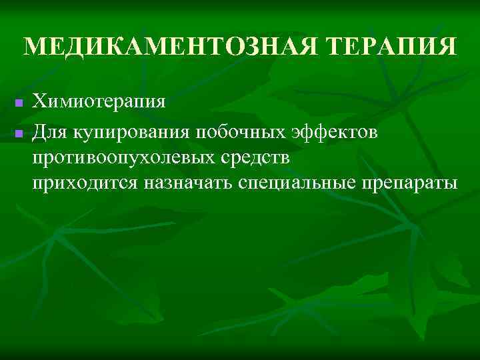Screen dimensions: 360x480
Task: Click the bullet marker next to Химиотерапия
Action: click(x=19, y=104)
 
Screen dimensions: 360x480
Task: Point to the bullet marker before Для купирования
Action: click(x=19, y=135)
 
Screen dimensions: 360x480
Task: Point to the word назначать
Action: click(x=186, y=185)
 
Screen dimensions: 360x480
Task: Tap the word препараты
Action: click(x=407, y=185)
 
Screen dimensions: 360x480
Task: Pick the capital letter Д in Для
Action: click(x=40, y=133)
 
